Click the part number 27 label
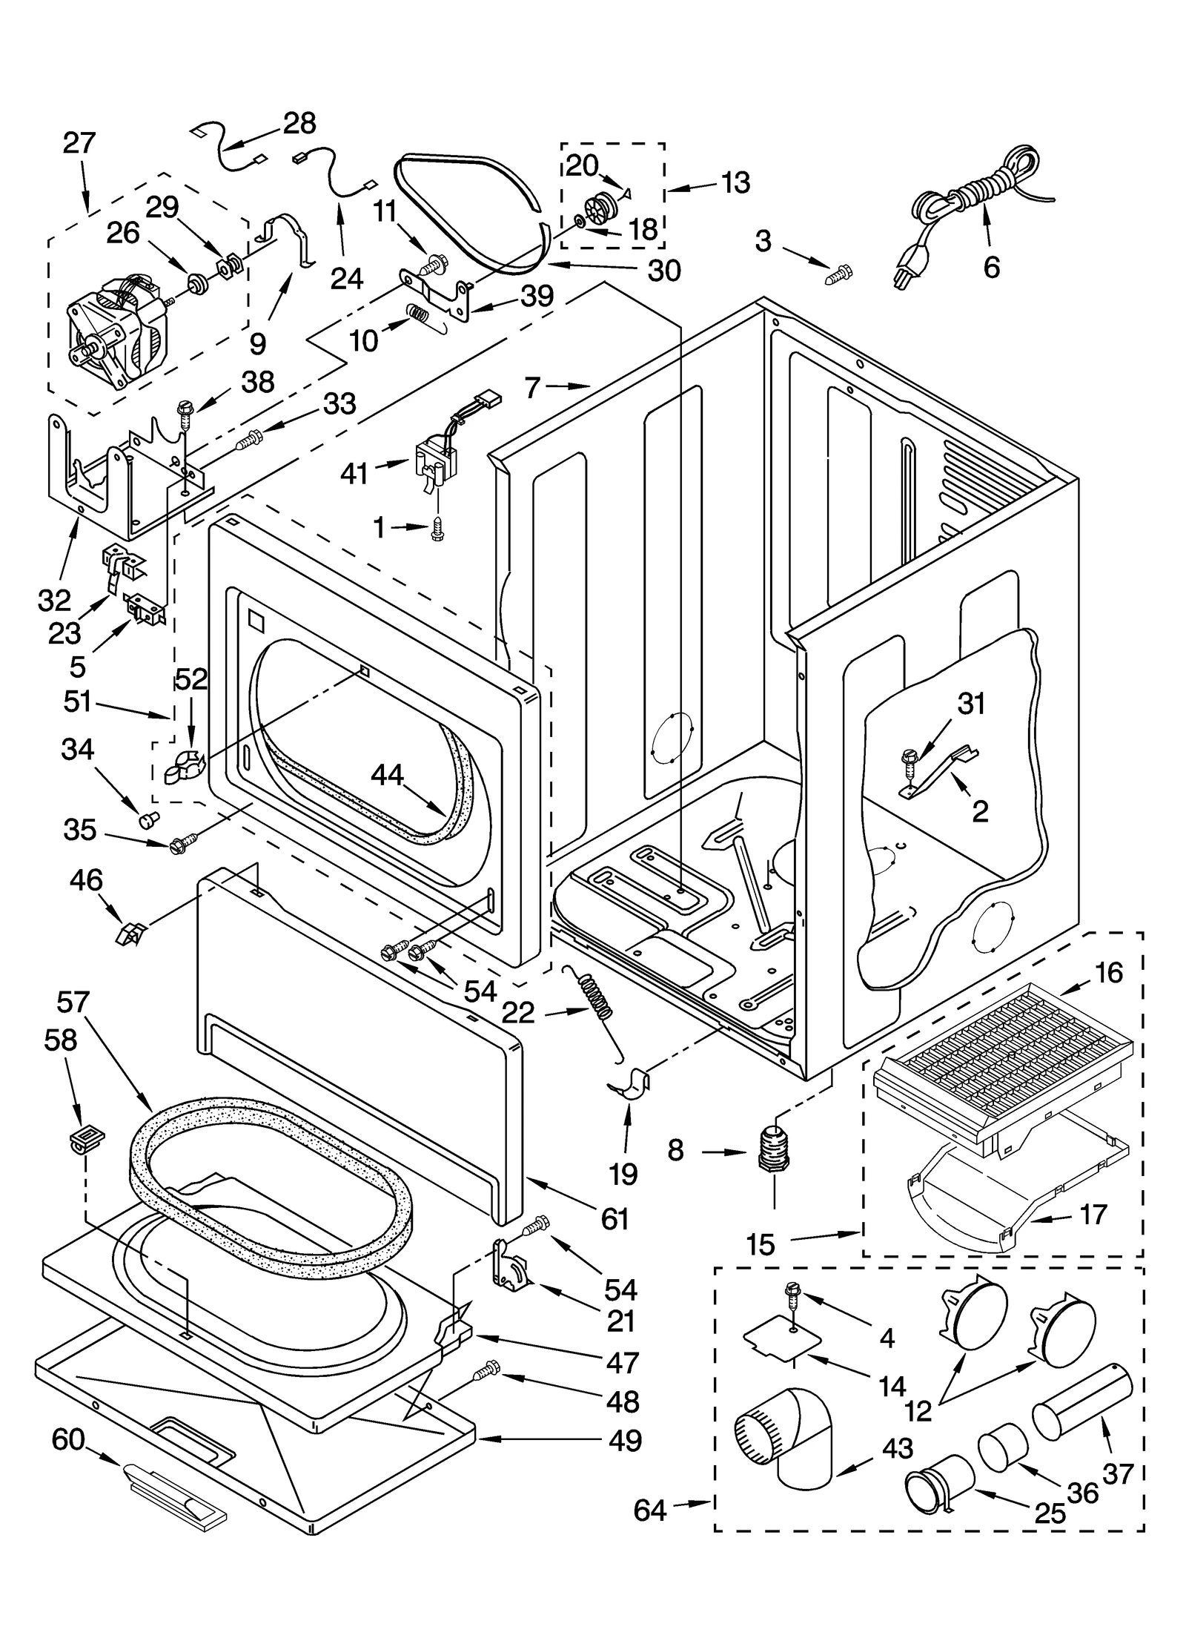pos(79,142)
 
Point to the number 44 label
pos(387,776)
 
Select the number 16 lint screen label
pos(1108,973)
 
